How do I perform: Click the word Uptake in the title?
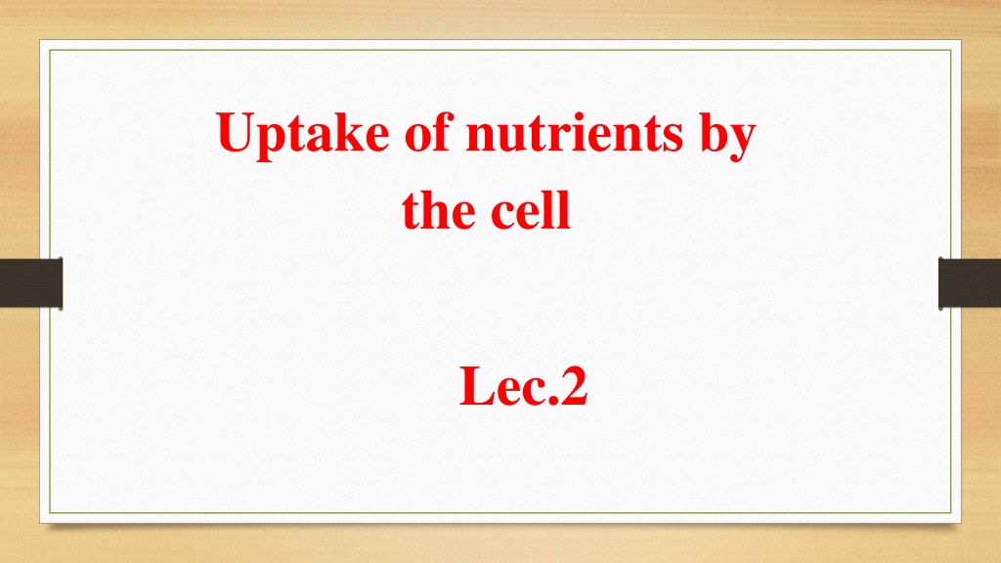[x=303, y=134]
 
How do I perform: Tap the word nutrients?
[x=575, y=133]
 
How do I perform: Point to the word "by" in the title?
[x=728, y=135]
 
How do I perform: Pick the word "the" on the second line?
[x=439, y=209]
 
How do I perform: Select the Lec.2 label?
[x=524, y=385]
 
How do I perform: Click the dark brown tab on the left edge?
[x=31, y=282]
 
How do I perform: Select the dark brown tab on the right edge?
[x=970, y=282]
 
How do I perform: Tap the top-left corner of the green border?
[x=50, y=50]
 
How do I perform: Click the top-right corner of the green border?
[x=951, y=50]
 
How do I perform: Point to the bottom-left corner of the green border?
[x=50, y=513]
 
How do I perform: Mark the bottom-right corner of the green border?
[x=951, y=513]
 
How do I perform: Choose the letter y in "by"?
[x=743, y=142]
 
